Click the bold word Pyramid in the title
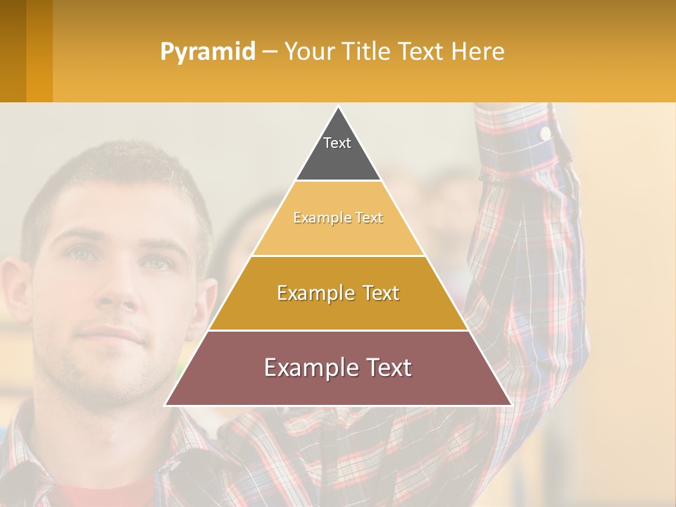207,51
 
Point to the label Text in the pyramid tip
337,143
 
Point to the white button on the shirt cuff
545,132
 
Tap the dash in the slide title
270,52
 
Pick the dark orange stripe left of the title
39,51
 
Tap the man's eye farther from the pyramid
79,254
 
